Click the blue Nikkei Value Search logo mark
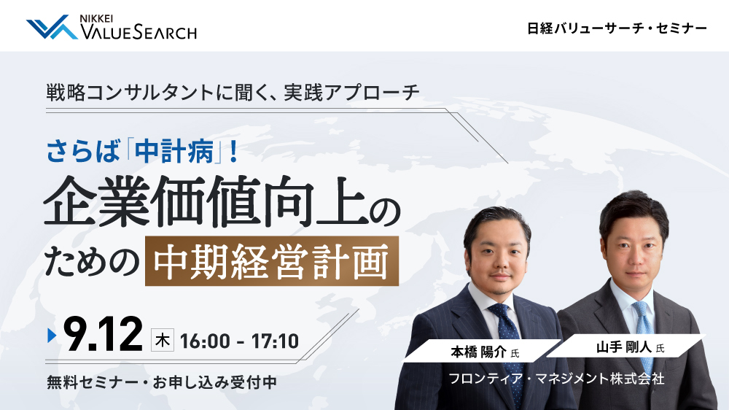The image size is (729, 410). (x=52, y=27)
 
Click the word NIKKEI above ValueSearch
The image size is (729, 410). (x=96, y=19)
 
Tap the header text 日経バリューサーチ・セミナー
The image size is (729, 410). (x=617, y=28)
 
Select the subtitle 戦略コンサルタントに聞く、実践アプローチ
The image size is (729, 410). (x=233, y=93)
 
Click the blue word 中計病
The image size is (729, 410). (x=174, y=151)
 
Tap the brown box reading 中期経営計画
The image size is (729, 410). (x=272, y=261)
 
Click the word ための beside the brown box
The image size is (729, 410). (x=92, y=262)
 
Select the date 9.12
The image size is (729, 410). (x=103, y=334)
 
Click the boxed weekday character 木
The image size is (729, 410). (x=163, y=340)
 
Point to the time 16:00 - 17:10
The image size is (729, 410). (x=239, y=341)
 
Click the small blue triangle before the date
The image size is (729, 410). (x=52, y=335)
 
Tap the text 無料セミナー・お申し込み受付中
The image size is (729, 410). (x=162, y=382)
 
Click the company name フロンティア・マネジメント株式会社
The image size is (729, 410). (x=556, y=379)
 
